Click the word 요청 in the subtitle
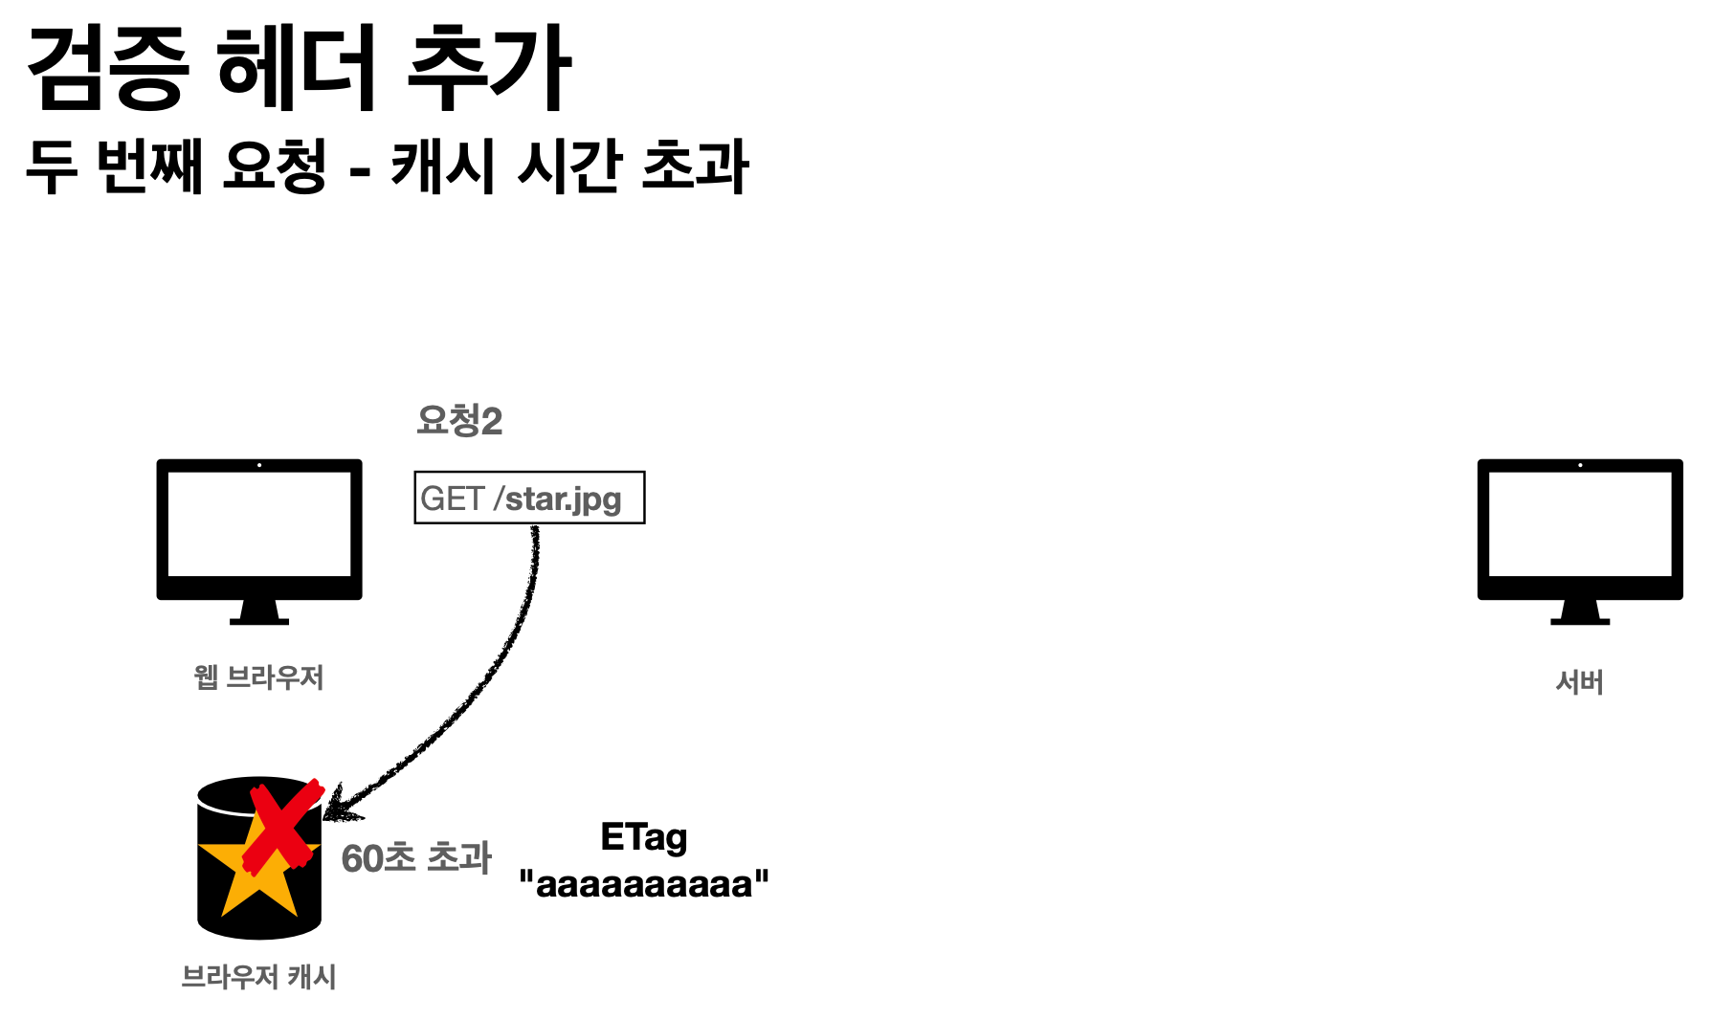coord(275,166)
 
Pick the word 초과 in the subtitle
coord(695,166)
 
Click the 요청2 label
coord(459,421)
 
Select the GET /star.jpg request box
coord(529,498)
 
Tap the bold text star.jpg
coord(563,499)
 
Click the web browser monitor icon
coord(259,536)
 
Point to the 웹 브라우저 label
coord(258,677)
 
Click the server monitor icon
coord(1579,536)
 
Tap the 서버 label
coord(1579,682)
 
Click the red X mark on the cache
coord(282,828)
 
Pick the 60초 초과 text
coord(416,858)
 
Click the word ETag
coord(643,838)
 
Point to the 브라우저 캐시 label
coord(258,977)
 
